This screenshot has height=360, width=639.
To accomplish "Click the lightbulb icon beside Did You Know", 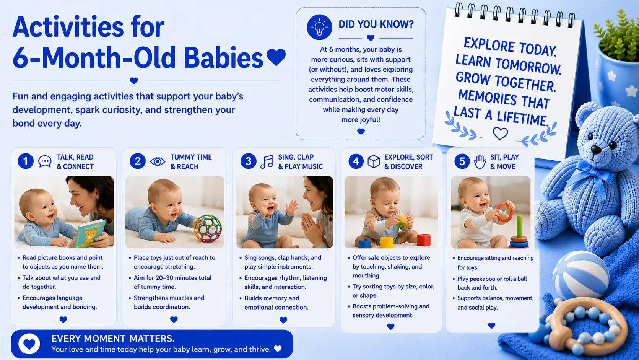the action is (320, 27).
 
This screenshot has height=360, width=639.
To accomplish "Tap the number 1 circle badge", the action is (26, 161).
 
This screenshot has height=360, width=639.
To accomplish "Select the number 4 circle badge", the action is (356, 161).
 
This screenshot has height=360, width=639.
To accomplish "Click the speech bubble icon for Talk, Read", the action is (45, 161).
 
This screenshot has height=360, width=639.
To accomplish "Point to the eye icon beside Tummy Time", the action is (158, 161).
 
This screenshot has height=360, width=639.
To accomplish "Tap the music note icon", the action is (267, 162).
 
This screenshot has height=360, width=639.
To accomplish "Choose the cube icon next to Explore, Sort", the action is (373, 161).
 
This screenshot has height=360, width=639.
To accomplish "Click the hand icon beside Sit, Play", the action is (480, 161).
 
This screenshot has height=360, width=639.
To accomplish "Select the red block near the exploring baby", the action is (424, 240).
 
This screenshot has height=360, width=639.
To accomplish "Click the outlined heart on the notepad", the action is (500, 134).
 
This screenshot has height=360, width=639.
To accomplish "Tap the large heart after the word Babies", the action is (276, 57).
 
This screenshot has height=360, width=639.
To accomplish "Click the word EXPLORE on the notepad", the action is (487, 45).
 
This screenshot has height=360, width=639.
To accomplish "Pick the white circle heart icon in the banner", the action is (29, 344).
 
